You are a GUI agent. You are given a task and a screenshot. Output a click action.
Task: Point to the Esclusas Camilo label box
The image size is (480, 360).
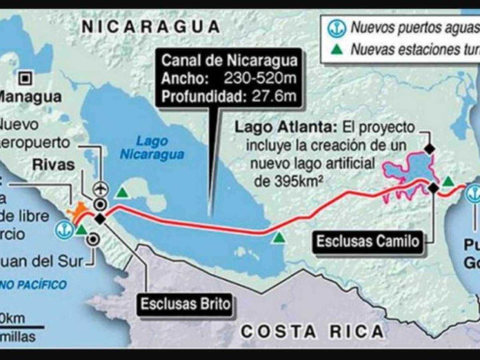click(x=368, y=241)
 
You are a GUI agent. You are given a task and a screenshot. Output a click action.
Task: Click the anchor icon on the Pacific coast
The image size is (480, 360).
click(x=64, y=230)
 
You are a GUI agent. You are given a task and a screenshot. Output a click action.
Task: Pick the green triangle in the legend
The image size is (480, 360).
click(x=337, y=50)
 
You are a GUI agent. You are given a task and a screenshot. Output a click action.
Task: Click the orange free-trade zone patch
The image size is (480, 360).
click(x=78, y=211)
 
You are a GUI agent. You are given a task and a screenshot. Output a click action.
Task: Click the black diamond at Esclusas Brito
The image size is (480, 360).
click(x=100, y=218)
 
